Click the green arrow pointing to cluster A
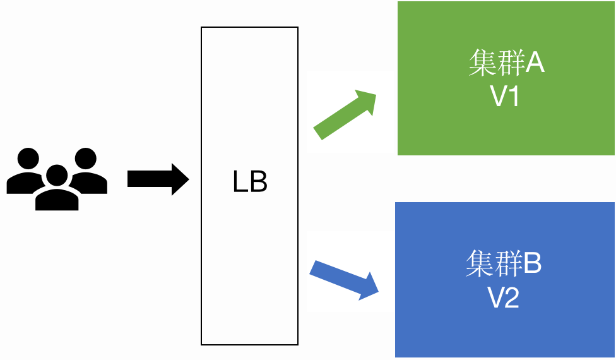[344, 115]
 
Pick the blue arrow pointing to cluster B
[344, 278]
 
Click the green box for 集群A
[506, 126]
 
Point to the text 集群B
[504, 264]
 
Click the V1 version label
[505, 97]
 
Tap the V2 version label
[504, 297]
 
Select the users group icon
[57, 179]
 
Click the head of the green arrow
[365, 101]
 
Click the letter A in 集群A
[534, 63]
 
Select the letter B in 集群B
[531, 264]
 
